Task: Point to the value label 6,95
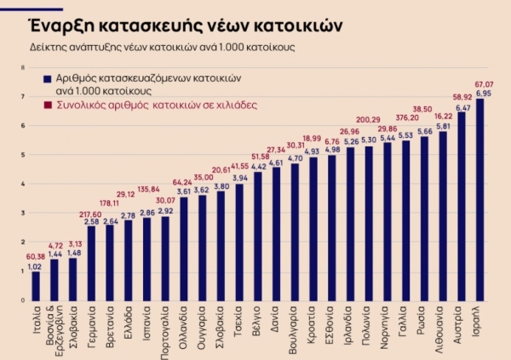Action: [x=481, y=93]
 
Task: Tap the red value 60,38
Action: [x=35, y=257]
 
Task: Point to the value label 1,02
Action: [x=36, y=266]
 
